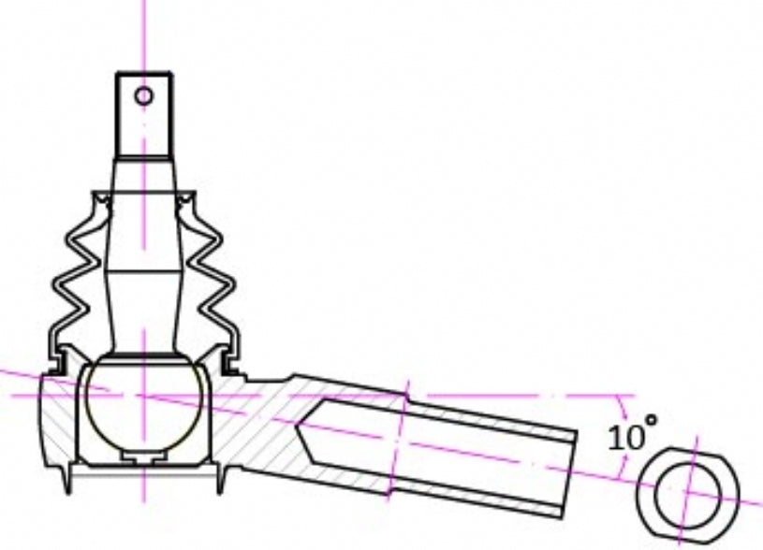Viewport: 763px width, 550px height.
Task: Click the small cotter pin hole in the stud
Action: click(x=143, y=94)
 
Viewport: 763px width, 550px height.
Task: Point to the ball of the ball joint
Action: click(x=143, y=404)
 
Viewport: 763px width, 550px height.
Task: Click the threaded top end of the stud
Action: click(x=144, y=112)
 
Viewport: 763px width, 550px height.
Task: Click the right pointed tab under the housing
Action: click(x=220, y=481)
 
